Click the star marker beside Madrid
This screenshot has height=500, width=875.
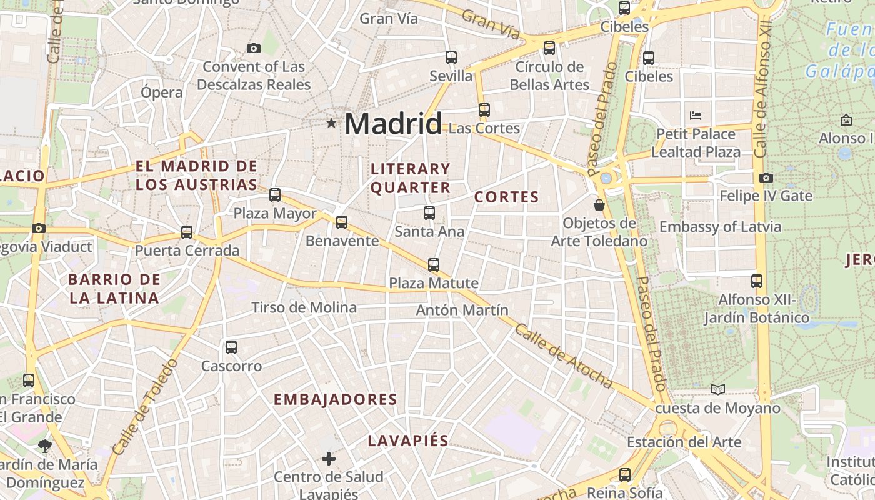[331, 124]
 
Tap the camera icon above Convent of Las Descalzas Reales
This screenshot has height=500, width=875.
[254, 48]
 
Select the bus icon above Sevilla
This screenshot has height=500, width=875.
[451, 57]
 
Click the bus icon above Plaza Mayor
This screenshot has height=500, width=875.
[275, 195]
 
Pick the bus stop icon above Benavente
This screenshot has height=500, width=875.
[342, 222]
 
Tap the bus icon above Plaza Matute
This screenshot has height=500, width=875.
[434, 265]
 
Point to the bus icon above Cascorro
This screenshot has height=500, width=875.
[231, 347]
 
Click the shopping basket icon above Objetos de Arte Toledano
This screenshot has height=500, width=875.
[599, 205]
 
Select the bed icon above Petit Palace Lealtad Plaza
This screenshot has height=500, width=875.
[696, 116]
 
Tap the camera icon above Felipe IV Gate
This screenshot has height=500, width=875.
[766, 178]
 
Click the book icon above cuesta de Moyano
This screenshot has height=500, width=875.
[718, 390]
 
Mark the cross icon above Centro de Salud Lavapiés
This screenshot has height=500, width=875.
[329, 459]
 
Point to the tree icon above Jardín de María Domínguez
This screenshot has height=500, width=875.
[44, 446]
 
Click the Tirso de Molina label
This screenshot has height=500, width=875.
[304, 307]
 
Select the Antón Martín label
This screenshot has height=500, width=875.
[462, 310]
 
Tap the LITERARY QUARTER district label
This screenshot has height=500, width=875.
[411, 178]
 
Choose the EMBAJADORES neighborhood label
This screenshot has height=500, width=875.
[336, 399]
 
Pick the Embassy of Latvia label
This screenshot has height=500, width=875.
[720, 226]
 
